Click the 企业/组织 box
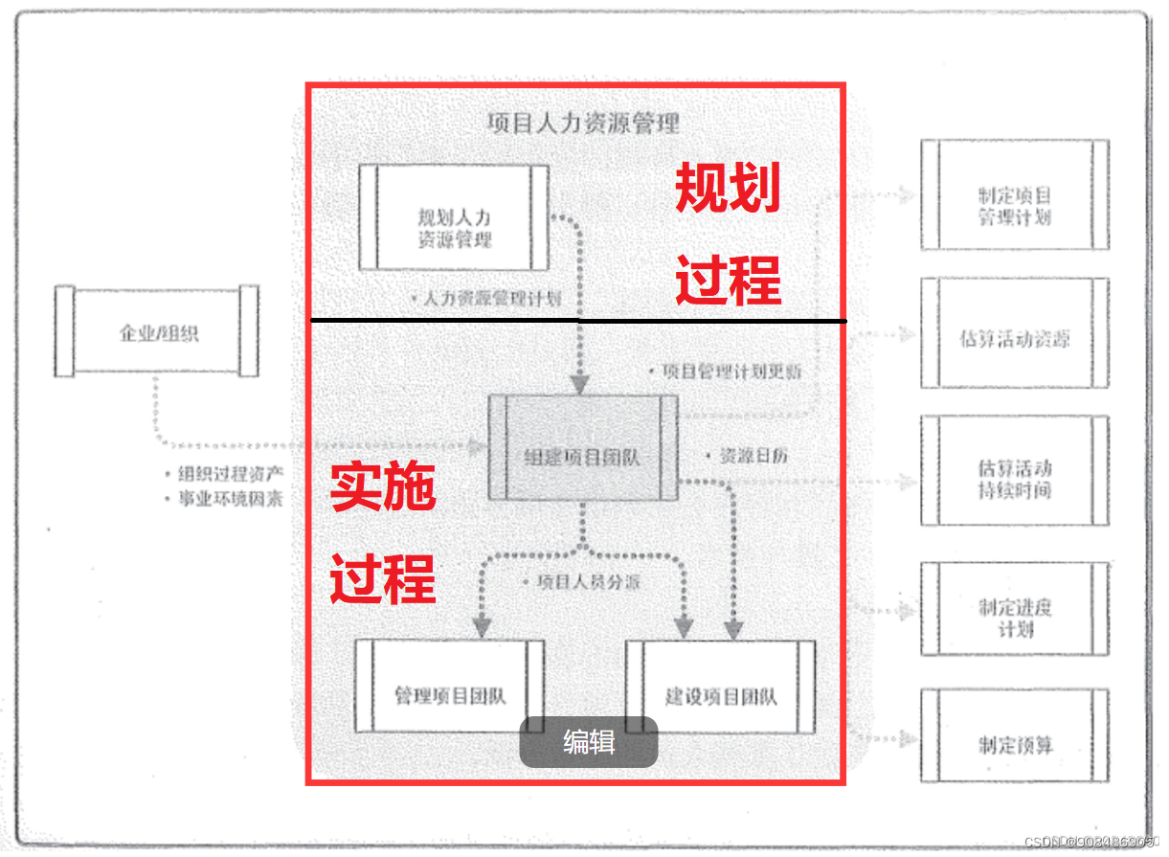coord(156,332)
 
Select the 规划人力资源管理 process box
coord(455,218)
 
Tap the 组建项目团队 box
coord(582,447)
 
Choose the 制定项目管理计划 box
coord(1014,195)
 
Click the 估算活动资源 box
coord(1014,333)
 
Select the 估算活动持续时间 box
coord(1014,471)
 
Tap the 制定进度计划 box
coord(1014,609)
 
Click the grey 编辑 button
coord(589,742)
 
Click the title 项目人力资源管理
coord(583,124)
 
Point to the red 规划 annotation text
coord(728,189)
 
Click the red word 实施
coord(383,487)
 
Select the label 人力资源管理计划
coord(492,299)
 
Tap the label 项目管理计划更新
coord(731,372)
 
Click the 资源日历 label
coord(753,457)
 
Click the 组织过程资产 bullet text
coord(231,474)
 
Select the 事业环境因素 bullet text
coord(231,499)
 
